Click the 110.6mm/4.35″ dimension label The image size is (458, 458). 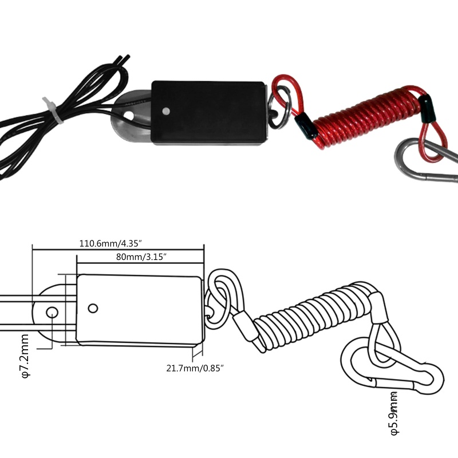[110, 243]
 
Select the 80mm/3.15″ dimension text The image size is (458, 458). [141, 256]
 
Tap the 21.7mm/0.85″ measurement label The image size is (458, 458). [195, 368]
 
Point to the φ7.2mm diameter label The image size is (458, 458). [25, 356]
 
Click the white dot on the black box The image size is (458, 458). [166, 111]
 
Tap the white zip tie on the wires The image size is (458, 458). [53, 110]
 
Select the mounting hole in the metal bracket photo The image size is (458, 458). [128, 115]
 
